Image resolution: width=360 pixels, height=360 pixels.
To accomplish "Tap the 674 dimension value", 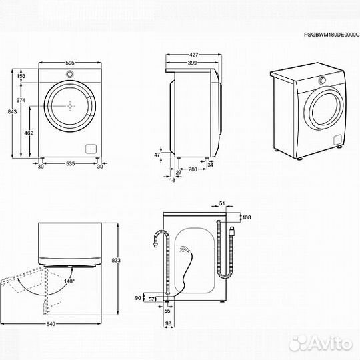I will tap(21, 99).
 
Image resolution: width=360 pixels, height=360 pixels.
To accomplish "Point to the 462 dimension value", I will tap(29, 133).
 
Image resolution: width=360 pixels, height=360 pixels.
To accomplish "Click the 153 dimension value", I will tap(21, 77).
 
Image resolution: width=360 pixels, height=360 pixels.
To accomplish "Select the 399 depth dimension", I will tap(192, 63).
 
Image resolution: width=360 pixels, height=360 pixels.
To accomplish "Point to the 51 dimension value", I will tap(222, 205).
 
